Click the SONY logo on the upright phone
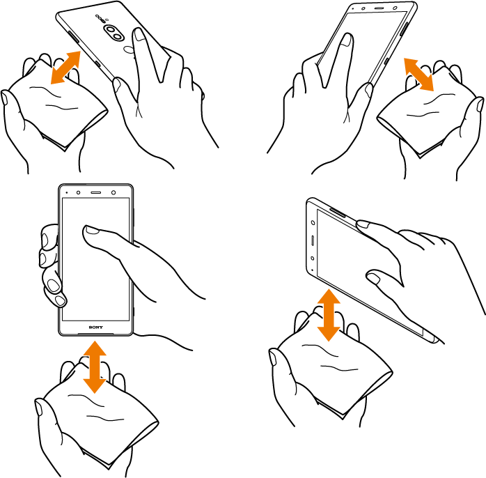pos(96,327)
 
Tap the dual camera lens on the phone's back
pos(113,33)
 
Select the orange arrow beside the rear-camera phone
pos(65,68)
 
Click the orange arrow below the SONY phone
pos(95,367)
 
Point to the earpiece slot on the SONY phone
pos(96,192)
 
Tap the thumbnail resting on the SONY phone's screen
pos(92,230)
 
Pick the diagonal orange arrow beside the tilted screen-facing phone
pos(418,75)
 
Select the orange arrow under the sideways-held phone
pos(329,315)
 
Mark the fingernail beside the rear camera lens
pos(140,34)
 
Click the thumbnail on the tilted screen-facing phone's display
pos(346,40)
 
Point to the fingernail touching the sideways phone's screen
pos(374,279)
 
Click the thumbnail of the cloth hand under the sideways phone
pos(273,357)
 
